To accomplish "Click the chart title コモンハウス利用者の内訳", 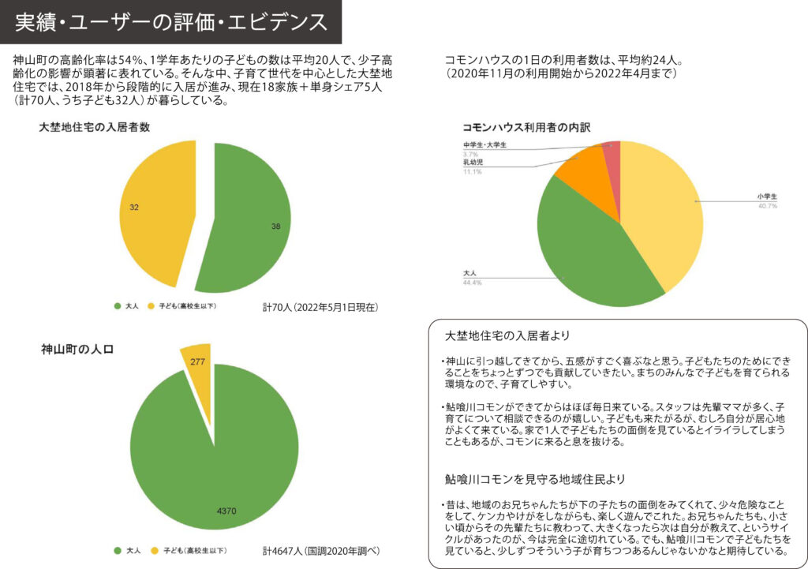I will click(526, 126).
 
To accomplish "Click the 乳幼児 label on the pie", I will click(473, 163).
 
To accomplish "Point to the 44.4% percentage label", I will click(473, 282).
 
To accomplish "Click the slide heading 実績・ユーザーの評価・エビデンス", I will click(170, 21).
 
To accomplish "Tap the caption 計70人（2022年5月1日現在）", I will click(320, 306).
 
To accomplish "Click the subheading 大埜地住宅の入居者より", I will click(507, 335).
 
